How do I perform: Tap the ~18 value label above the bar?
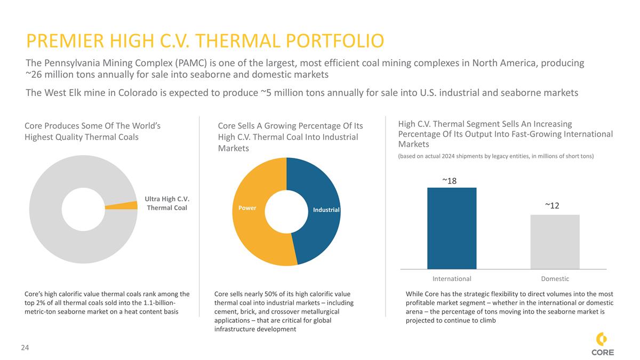point(450,181)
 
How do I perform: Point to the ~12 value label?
point(553,205)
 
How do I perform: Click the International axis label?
point(452,278)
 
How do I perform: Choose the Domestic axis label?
point(555,278)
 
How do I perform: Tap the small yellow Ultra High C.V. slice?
point(122,205)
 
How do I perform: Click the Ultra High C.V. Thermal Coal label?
point(167,203)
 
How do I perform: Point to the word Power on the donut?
point(247,207)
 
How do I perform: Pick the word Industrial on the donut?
point(326,210)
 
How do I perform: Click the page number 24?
point(25,348)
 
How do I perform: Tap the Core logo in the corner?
point(602,345)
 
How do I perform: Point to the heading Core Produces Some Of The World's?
point(93,126)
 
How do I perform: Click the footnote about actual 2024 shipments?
point(495,156)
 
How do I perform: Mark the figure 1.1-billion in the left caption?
point(154,303)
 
